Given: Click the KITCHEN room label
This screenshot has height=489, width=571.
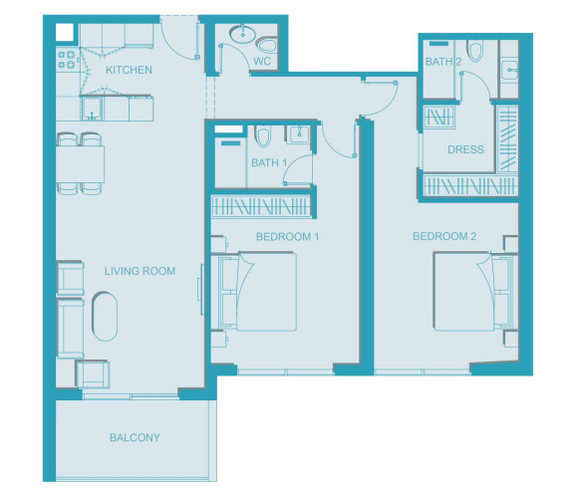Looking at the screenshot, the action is [129, 70].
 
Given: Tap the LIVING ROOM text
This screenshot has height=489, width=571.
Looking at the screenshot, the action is [140, 271].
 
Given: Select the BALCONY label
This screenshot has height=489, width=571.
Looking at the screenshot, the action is [135, 437].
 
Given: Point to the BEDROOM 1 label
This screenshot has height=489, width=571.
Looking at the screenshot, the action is [287, 237].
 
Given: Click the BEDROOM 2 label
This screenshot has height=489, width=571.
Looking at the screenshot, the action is [444, 236].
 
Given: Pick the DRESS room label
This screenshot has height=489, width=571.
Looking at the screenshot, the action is [465, 149].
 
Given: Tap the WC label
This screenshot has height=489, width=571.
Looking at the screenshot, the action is [262, 61].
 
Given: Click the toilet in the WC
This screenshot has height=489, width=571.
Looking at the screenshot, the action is [266, 45].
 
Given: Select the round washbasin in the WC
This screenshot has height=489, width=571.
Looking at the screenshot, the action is [242, 35].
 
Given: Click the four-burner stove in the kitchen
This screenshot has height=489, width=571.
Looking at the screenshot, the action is [67, 60].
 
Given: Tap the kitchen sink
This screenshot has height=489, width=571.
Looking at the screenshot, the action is [91, 109].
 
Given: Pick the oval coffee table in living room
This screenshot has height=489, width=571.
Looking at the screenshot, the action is [105, 316].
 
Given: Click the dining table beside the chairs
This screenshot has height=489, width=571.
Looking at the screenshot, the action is [80, 164].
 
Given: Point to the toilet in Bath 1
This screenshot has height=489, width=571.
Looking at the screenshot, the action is [262, 136].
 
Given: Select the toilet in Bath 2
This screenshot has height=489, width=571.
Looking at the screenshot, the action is [475, 50].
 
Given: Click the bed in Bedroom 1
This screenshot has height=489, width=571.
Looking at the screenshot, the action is [258, 292].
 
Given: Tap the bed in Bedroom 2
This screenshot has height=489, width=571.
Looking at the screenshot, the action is [472, 292].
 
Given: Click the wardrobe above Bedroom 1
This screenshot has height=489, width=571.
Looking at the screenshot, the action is [261, 207].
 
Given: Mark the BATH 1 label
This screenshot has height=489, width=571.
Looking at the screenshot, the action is [269, 162].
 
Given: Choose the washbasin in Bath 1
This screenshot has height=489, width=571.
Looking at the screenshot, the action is [299, 133].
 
